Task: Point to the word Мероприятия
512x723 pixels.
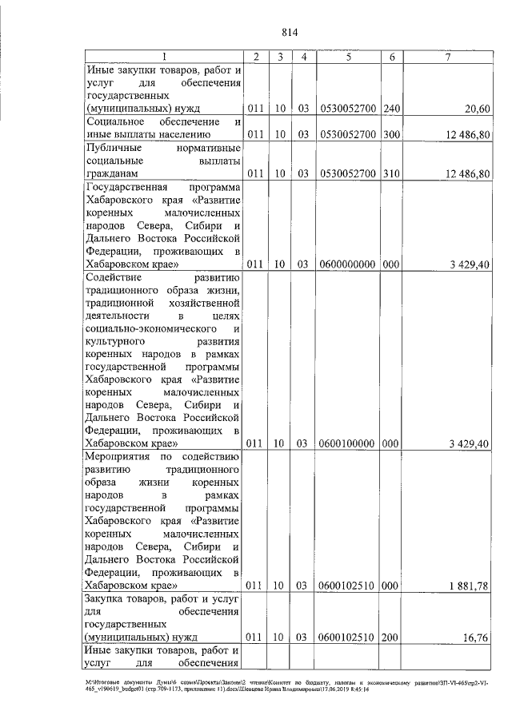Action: click(120, 456)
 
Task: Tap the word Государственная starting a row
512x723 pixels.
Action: click(126, 187)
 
